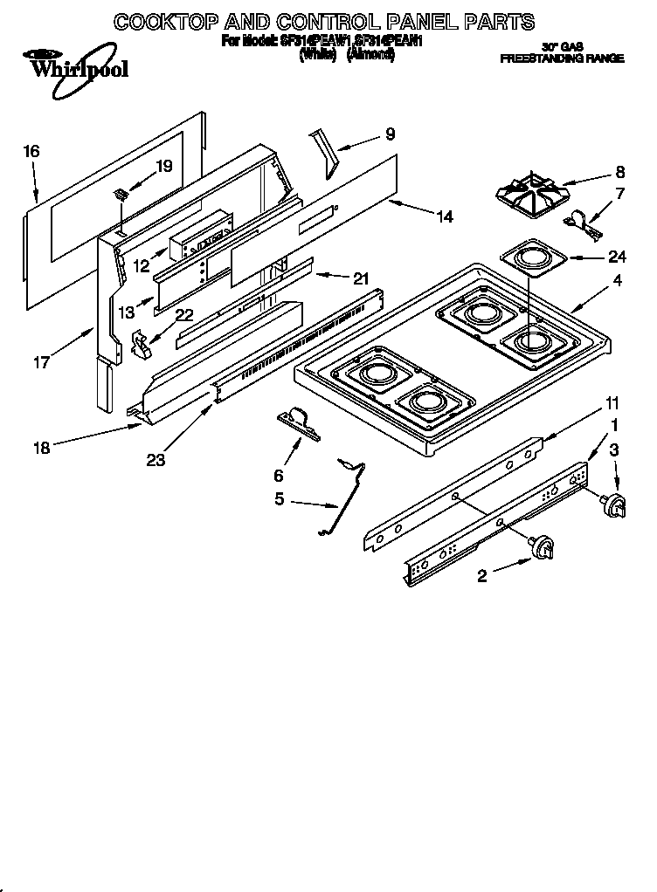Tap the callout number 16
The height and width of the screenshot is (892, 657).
coord(31,152)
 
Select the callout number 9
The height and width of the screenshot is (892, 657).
coord(390,134)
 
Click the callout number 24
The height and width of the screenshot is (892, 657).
coord(618,256)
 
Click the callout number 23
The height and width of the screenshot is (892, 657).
coord(156,460)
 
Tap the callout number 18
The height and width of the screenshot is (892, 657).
coord(41,449)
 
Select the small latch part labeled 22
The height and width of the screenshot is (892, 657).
coord(141,344)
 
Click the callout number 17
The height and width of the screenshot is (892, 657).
coord(41,361)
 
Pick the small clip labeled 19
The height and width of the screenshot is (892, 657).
coord(121,196)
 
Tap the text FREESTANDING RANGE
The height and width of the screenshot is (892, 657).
coord(561,58)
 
